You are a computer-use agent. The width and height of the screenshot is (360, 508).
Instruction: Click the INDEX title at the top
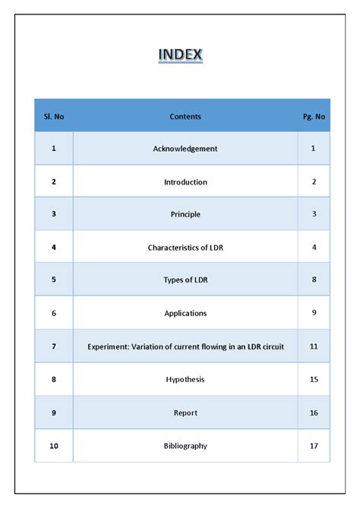[180, 55]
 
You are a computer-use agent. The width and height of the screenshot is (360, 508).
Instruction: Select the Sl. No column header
[54, 116]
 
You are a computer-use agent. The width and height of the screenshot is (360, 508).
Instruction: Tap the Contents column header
[185, 116]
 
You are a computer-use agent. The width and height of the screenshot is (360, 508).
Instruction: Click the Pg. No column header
[314, 116]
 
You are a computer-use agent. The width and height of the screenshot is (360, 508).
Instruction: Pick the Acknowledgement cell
[185, 149]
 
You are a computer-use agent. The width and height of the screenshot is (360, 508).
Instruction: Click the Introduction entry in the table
[185, 182]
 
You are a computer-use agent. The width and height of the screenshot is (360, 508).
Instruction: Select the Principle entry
[185, 214]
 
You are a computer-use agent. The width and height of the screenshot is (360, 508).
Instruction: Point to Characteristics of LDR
[185, 248]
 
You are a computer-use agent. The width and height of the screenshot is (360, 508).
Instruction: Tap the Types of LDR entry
[185, 279]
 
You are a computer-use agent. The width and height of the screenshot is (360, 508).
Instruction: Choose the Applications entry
[185, 313]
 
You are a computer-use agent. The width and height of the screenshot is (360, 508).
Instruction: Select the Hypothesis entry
[185, 379]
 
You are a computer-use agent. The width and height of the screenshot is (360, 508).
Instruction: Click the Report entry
[185, 412]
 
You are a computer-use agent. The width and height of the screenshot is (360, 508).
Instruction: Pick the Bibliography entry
[185, 446]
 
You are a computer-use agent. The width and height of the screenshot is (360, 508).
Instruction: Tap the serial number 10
[54, 446]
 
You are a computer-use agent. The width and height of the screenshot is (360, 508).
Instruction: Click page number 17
[314, 446]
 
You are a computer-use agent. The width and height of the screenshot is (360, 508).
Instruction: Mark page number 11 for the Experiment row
[314, 346]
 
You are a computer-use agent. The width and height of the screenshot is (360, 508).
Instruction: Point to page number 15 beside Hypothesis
[314, 379]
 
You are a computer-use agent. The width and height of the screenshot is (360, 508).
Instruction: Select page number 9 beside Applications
[314, 313]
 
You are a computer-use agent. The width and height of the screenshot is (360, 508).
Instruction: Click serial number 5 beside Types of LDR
[54, 279]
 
